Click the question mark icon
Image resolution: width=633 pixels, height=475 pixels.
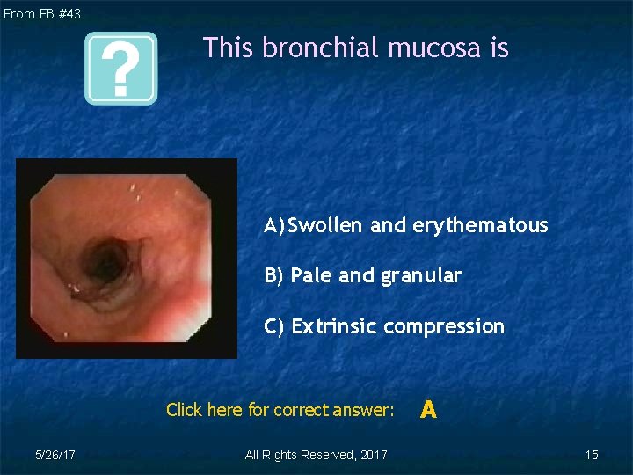point(120,69)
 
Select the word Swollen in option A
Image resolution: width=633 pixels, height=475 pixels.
point(325,225)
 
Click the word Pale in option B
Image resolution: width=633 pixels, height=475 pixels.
point(311,276)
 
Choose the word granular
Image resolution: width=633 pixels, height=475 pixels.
point(421,276)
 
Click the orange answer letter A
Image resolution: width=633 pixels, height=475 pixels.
point(428,409)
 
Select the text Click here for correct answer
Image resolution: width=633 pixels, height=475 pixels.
point(280,410)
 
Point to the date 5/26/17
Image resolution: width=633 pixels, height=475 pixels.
point(55,455)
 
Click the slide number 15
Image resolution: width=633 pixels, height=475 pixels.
point(592,455)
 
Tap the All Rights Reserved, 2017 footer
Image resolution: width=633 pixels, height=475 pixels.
point(316,455)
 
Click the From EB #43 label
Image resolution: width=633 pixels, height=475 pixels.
point(42,14)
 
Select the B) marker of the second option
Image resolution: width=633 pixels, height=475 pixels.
point(274,276)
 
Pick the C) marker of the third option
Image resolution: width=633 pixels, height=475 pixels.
point(275,326)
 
